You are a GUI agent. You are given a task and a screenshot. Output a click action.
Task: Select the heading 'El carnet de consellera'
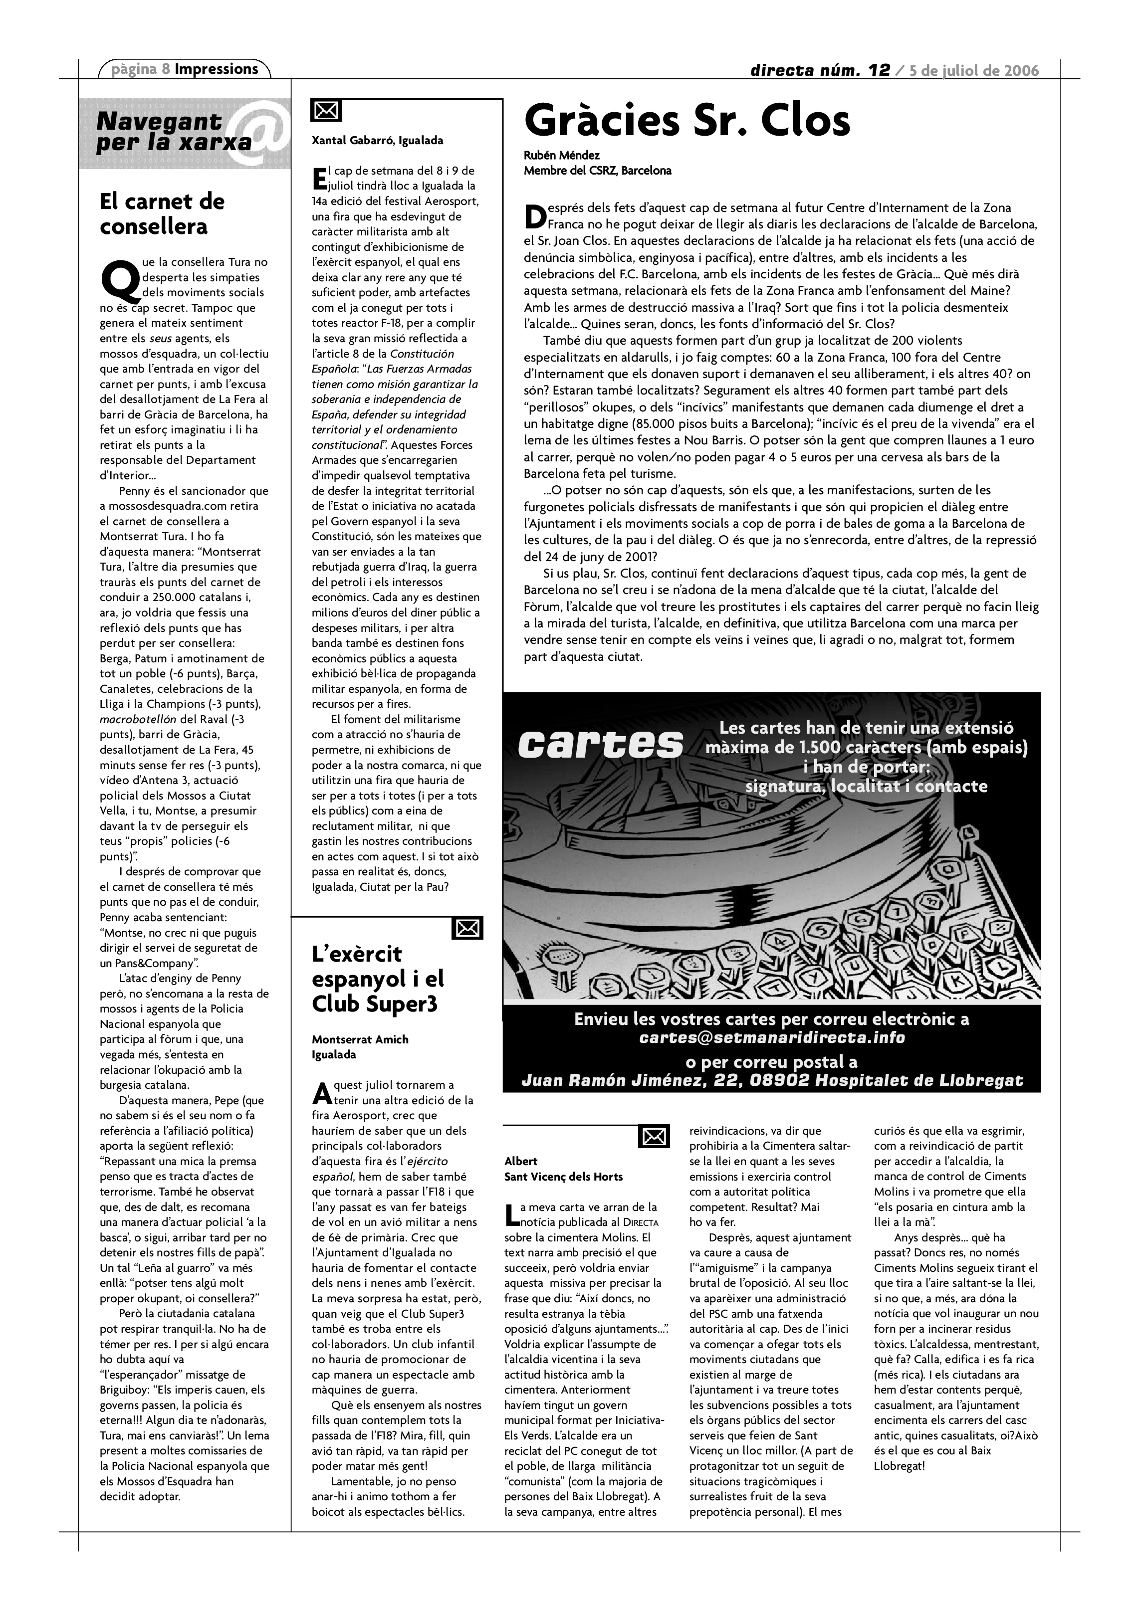[162, 214]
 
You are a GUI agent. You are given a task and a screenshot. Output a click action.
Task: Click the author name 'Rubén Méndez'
[562, 155]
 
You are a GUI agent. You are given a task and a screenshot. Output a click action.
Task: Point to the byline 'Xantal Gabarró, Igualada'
[377, 140]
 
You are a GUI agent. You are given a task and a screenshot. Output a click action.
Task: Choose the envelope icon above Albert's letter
[654, 1137]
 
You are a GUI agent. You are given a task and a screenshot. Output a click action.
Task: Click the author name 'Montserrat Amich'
[360, 1039]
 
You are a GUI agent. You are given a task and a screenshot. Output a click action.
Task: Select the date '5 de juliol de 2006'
[974, 70]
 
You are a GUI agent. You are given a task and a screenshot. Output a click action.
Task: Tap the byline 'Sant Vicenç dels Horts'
[563, 1176]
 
